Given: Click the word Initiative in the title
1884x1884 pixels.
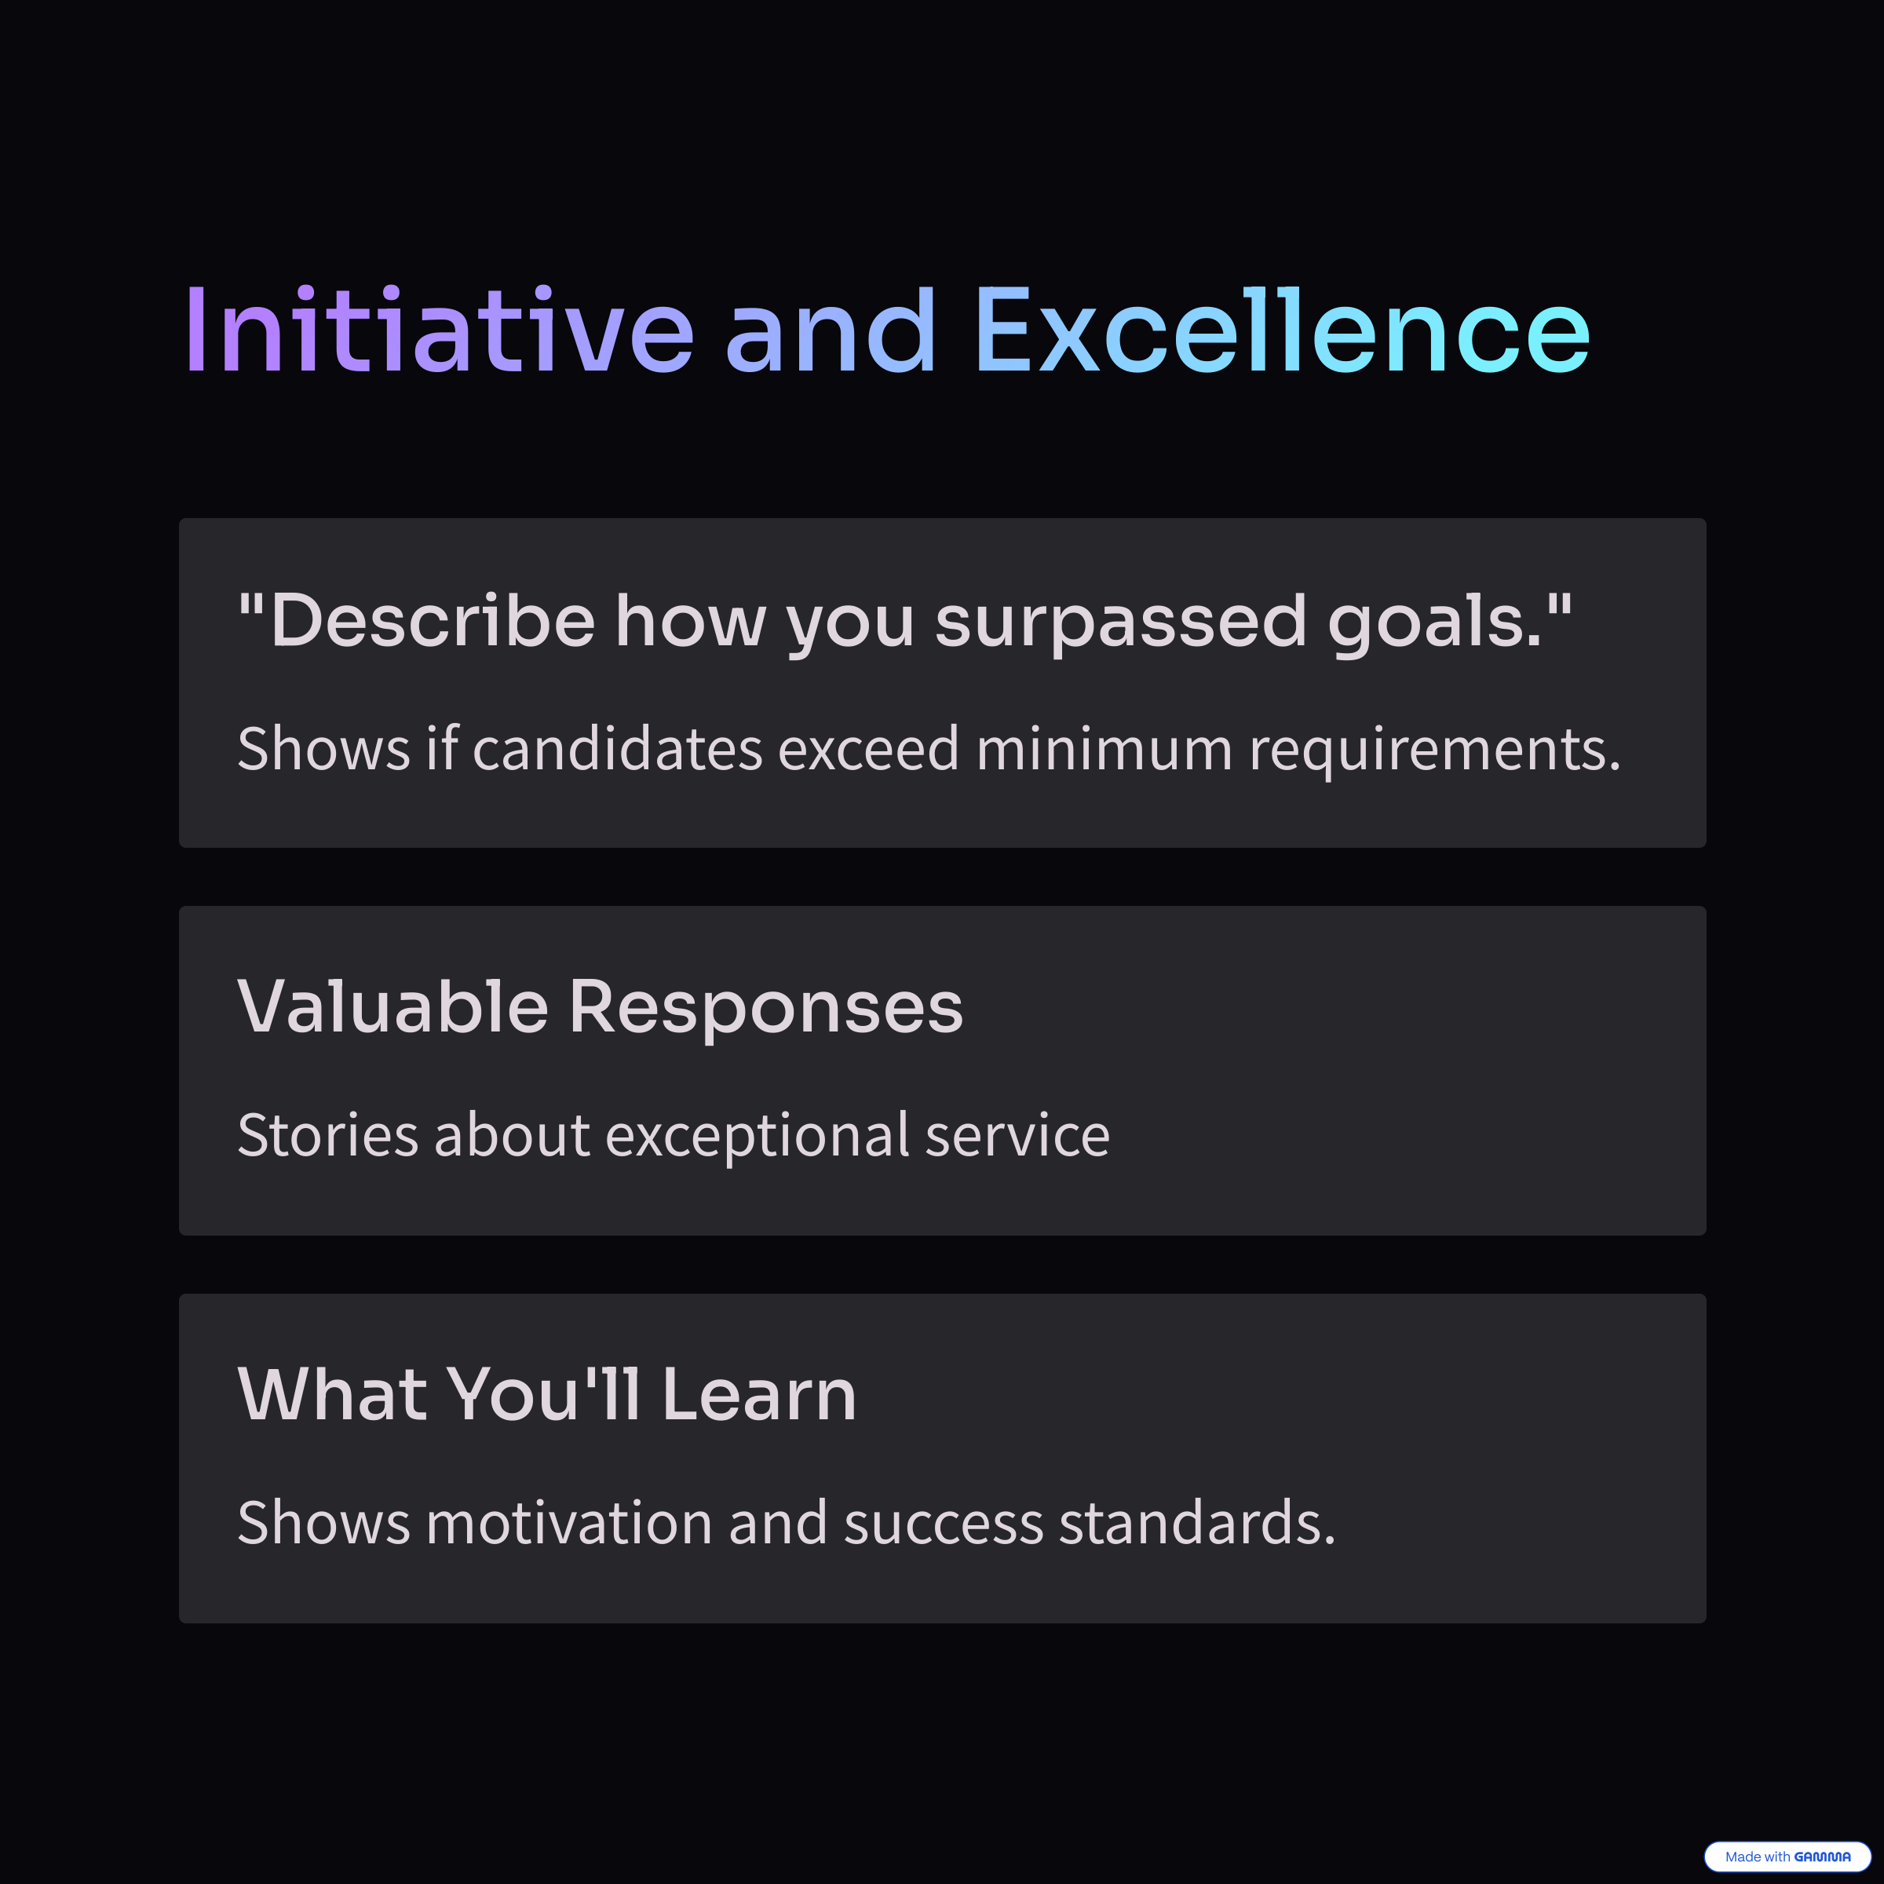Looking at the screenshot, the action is [x=440, y=330].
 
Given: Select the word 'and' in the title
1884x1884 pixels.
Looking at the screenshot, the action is [x=830, y=330].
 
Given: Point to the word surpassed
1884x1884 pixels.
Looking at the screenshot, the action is [x=1120, y=624].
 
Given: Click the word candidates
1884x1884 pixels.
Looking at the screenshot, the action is [x=617, y=749].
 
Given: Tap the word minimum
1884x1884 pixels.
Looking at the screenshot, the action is [x=1104, y=749].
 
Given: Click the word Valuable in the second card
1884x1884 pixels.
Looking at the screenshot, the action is [x=393, y=1006].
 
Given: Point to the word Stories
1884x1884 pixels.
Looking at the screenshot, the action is [x=327, y=1135].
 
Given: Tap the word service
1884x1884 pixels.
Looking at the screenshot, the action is [x=1017, y=1135].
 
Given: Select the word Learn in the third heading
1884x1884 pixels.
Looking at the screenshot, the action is [x=758, y=1394].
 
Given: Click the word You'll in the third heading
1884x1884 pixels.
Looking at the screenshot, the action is [x=544, y=1394].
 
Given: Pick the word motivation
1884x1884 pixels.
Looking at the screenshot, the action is [x=569, y=1522].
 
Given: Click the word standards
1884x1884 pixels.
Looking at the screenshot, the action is [x=1197, y=1522].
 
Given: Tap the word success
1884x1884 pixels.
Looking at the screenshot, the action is [x=944, y=1525].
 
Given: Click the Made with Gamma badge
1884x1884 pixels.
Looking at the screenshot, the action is [x=1787, y=1857].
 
